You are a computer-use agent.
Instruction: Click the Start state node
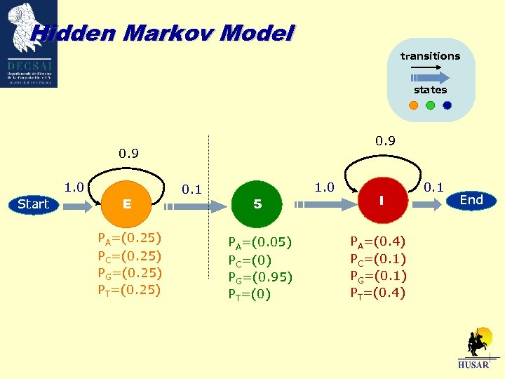coord(33,204)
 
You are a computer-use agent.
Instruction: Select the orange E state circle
coord(127,204)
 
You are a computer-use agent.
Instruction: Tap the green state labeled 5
coord(257,204)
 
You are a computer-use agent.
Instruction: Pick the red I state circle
coord(380,201)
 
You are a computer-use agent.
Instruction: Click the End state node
coord(471,200)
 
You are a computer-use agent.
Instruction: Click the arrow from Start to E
coord(79,205)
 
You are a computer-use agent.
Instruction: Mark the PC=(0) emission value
coord(249,260)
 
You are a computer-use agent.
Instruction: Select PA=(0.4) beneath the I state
coord(378,242)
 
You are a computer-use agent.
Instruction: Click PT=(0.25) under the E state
coord(130,289)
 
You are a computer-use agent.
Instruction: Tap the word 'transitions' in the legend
coord(430,55)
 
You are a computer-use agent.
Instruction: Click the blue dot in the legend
coord(447,106)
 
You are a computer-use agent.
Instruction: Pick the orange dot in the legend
coord(413,106)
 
